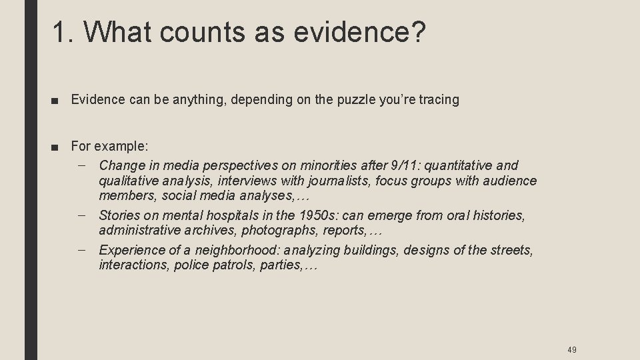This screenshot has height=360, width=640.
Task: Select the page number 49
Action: (572, 349)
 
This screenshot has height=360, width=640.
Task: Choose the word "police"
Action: (179, 265)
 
